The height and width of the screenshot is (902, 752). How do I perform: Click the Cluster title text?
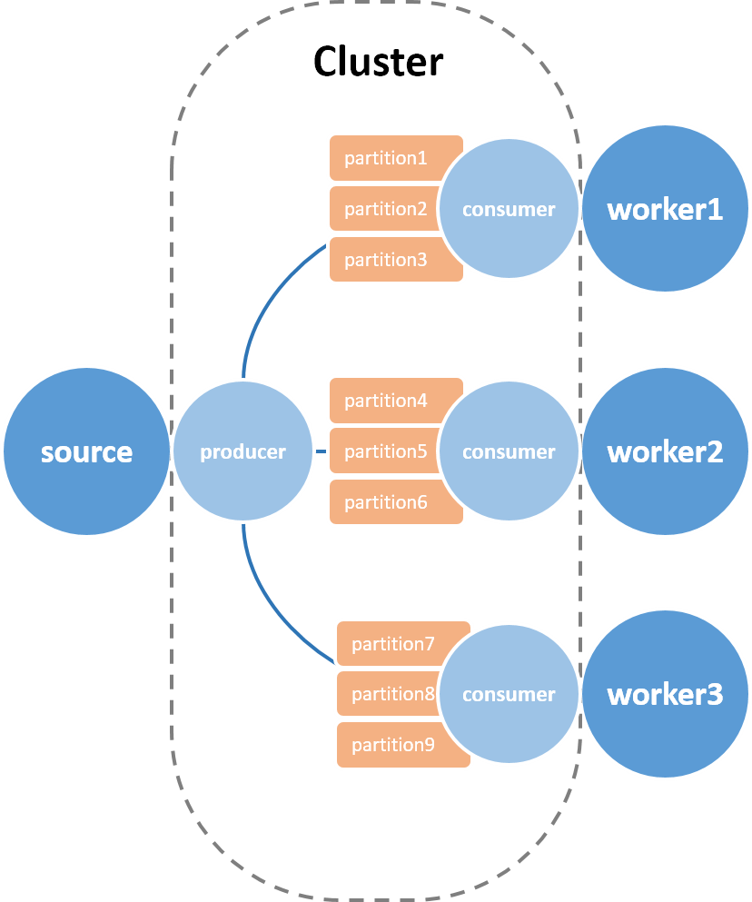tap(378, 62)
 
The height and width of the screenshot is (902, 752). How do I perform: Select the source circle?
tap(87, 451)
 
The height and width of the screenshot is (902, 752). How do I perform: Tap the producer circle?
tap(242, 451)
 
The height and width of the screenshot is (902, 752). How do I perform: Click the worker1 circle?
tap(665, 208)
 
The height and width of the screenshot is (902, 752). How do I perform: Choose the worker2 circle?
tap(665, 451)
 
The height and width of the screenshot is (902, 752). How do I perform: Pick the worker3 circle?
tap(665, 694)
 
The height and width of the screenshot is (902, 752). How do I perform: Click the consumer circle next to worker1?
tap(509, 209)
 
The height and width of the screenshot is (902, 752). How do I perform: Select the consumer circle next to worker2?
tap(509, 451)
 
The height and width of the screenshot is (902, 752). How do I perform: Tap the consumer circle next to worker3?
tap(509, 694)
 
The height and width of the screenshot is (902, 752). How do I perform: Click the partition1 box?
tap(385, 158)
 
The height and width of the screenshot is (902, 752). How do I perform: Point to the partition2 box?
tap(384, 209)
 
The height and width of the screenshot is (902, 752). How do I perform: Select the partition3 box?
tap(385, 260)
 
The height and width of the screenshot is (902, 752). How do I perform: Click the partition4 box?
tap(385, 401)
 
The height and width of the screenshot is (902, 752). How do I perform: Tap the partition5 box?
tap(384, 451)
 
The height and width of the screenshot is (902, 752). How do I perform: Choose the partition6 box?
tap(385, 502)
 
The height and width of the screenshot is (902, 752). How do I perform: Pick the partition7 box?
tap(393, 644)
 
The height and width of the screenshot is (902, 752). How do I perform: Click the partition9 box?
tap(393, 745)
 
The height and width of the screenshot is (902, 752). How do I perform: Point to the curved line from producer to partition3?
tap(269, 294)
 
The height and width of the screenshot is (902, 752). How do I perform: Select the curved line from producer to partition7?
tap(271, 608)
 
